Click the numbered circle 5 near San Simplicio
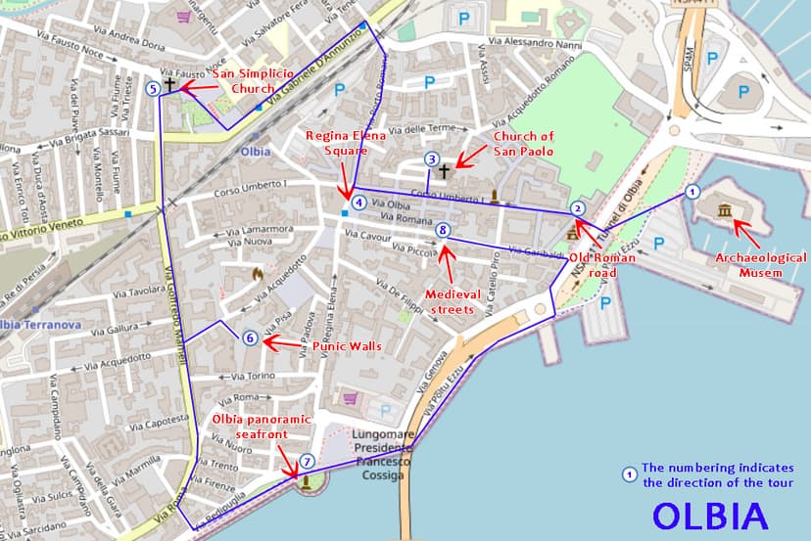[x=152, y=88]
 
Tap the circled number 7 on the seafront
[x=307, y=461]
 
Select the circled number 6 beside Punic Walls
[x=251, y=338]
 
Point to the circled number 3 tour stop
[x=431, y=159]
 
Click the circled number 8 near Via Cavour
[x=443, y=231]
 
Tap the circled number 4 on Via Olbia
[x=360, y=203]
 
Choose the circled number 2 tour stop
[x=578, y=207]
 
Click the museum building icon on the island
[x=725, y=211]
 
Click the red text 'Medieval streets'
[x=450, y=301]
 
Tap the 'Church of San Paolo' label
[x=523, y=144]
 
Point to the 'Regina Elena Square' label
[x=337, y=144]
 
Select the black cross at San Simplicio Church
[x=169, y=86]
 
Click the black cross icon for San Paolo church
[x=444, y=172]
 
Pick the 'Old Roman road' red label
[x=602, y=265]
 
